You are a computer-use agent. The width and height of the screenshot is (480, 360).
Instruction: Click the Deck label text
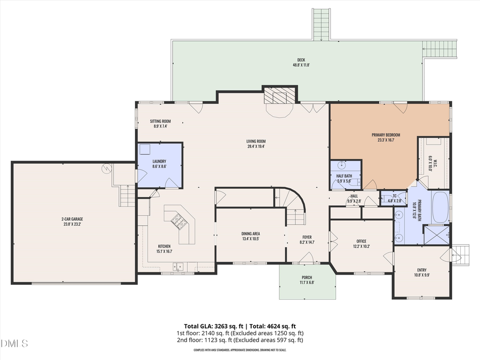pos(301,62)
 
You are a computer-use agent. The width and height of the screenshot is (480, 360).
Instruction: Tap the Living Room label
pos(256,143)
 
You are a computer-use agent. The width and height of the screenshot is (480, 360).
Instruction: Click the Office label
pos(361,243)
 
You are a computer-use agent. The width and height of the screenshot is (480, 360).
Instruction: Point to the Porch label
pos(307,279)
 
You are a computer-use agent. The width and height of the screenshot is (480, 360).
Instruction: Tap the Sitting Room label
pos(160,124)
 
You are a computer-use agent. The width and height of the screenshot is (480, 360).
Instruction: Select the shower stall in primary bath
pos(436,235)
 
